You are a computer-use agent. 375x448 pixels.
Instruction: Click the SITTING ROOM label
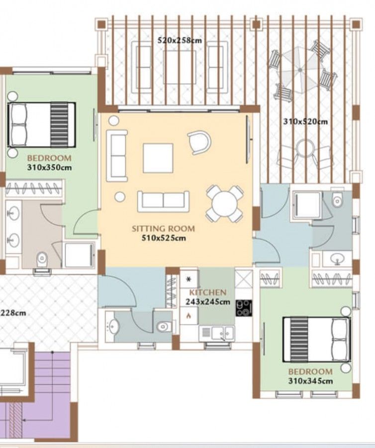click(x=163, y=229)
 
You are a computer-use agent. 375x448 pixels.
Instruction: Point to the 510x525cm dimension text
click(x=163, y=238)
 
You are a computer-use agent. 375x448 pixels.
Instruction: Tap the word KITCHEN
click(x=208, y=293)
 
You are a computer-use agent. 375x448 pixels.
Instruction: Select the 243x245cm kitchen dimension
click(x=208, y=301)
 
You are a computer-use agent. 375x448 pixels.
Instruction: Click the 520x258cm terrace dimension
click(x=180, y=40)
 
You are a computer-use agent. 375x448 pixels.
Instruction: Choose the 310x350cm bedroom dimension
click(x=49, y=167)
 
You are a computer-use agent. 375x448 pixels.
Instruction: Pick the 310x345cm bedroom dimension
click(x=310, y=381)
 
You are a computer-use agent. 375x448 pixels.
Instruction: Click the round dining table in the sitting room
click(x=225, y=203)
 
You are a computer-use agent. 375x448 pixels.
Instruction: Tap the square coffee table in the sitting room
click(x=158, y=158)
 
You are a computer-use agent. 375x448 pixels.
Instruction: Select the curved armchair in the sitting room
click(x=199, y=142)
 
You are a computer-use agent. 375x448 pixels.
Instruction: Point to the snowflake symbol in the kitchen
click(x=188, y=280)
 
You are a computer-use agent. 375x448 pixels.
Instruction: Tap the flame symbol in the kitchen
click(x=188, y=315)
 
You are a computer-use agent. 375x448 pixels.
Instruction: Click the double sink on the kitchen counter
click(x=216, y=332)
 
